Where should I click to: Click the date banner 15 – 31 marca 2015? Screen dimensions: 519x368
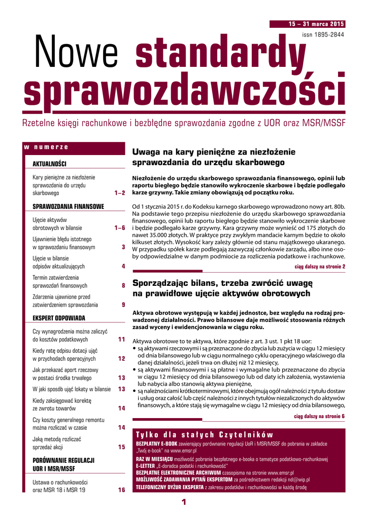tap(315, 24)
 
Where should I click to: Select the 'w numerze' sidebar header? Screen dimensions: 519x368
tap(46, 147)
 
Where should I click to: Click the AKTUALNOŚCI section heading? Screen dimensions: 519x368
tap(50, 164)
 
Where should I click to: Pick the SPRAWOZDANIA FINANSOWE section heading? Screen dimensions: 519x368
tap(69, 206)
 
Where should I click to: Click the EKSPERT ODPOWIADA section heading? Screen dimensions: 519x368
tap(59, 318)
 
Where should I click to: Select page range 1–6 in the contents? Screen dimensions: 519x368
tap(120, 228)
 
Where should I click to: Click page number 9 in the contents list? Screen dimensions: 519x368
tap(123, 305)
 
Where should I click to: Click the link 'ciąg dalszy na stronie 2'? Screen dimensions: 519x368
tap(320, 266)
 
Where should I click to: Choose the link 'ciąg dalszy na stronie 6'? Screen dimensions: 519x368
tap(320, 416)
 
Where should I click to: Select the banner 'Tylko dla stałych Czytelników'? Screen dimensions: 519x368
tap(205, 435)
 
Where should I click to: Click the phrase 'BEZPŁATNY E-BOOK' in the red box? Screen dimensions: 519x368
tap(157, 444)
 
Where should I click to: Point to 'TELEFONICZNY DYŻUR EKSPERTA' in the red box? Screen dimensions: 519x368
tap(170, 487)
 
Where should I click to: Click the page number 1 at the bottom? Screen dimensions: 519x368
tap(184, 502)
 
